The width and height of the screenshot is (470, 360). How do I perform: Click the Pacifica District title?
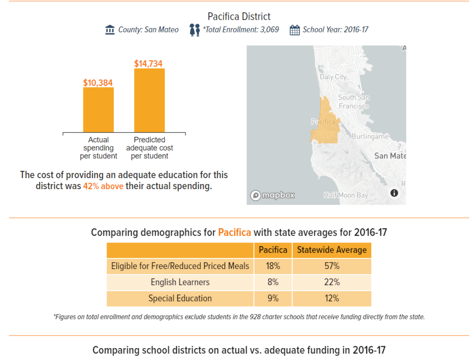point(239,17)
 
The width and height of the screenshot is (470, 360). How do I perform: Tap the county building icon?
point(110,30)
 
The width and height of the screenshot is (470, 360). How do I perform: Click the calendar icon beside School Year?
point(294,30)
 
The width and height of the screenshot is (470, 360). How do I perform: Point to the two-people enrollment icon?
point(195,30)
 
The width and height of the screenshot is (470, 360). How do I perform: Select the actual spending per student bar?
point(98,110)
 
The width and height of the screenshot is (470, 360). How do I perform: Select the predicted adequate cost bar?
point(149,101)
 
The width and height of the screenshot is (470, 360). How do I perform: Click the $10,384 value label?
point(98,83)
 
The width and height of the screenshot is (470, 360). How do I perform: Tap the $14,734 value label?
point(148,64)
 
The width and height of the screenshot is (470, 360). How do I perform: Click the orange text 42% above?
point(103,186)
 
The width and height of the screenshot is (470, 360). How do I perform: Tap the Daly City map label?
point(333,77)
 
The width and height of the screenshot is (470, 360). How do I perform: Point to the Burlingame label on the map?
point(370,136)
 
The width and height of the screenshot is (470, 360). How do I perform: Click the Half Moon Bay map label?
point(346,195)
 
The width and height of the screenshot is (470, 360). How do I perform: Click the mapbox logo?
point(272,196)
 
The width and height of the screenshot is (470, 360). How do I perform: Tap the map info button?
point(394,193)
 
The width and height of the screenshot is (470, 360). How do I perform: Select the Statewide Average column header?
point(332,250)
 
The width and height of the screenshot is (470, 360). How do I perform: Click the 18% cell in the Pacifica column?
point(272,266)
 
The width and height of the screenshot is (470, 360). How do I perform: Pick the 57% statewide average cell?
point(332,266)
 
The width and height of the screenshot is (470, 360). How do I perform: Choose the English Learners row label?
point(180,282)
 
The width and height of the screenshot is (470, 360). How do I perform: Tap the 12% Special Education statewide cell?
point(332,298)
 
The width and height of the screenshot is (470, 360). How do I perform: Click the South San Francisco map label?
point(354,101)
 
